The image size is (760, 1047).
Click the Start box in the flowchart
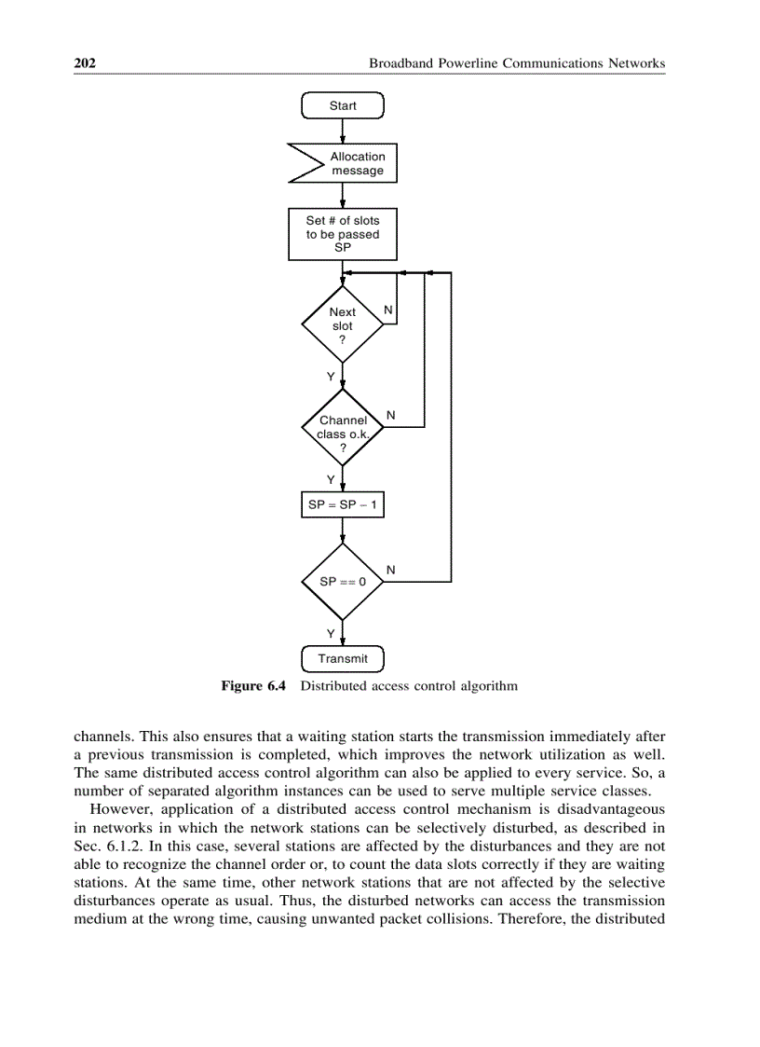tap(343, 105)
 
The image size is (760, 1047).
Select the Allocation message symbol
tap(344, 163)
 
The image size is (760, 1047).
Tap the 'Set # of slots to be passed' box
tap(343, 234)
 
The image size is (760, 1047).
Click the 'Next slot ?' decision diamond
tap(343, 325)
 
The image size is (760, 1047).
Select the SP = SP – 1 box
tap(342, 504)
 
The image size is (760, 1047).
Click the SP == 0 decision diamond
tap(343, 581)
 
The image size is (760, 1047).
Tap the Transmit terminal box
tap(343, 658)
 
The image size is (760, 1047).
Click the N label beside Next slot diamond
tap(388, 309)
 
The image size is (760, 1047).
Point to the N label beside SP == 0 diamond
tap(390, 569)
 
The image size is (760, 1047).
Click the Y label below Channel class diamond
tap(330, 479)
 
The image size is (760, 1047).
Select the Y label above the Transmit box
tap(330, 633)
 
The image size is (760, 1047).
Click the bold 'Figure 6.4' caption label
tap(252, 686)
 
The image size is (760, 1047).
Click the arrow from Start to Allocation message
tap(343, 131)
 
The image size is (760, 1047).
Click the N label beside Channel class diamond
tap(390, 414)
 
